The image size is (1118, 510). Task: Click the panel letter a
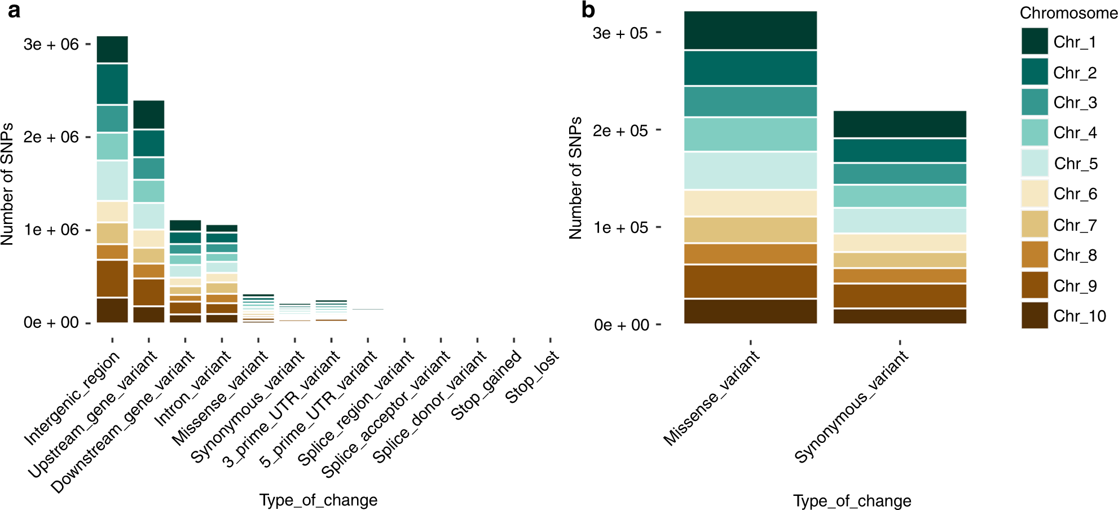click(14, 10)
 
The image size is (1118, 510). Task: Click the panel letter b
click(588, 10)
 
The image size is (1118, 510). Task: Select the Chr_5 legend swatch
click(1035, 163)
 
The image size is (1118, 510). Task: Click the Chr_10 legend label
click(1079, 316)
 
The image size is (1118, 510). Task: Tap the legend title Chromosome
click(1068, 12)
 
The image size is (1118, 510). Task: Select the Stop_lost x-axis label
click(531, 377)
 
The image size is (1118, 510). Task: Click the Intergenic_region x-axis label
click(72, 398)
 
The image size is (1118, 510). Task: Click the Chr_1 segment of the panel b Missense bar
click(750, 30)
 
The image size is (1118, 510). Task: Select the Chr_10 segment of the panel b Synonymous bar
click(900, 316)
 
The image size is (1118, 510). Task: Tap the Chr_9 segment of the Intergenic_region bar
click(112, 278)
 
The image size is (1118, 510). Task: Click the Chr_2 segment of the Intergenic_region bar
click(112, 84)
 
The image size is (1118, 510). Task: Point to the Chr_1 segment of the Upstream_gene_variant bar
click(149, 115)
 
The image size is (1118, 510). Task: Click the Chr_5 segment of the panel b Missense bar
click(750, 170)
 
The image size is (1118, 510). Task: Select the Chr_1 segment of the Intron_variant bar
click(222, 228)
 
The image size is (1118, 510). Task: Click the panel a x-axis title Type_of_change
click(318, 500)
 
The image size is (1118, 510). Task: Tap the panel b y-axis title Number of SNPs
click(575, 178)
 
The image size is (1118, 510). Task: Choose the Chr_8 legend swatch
click(1035, 254)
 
